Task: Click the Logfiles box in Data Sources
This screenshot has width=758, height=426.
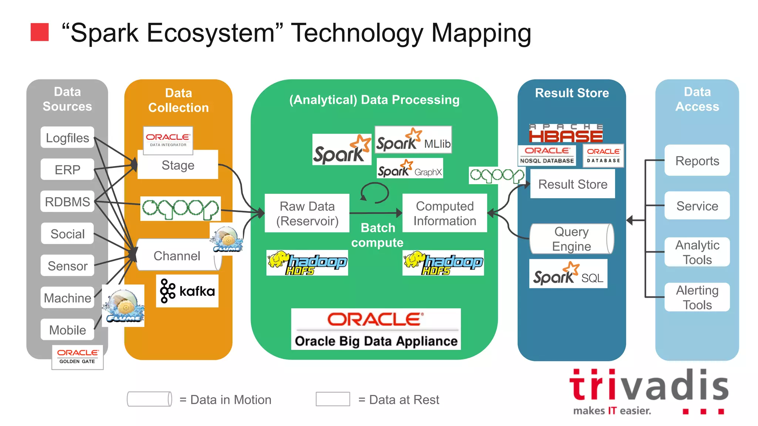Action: pos(67,138)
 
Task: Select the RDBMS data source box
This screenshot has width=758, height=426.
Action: pos(67,202)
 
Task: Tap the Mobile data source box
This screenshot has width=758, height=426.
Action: pos(67,329)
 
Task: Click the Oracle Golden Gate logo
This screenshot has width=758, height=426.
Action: pos(77,356)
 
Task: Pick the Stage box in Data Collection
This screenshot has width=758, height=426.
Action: pos(178,165)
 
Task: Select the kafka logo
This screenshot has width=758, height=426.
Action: pos(187,291)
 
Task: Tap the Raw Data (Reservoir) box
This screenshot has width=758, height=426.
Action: pos(307,213)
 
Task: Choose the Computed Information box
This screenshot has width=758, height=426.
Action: pos(445,213)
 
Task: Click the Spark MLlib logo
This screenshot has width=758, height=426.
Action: pos(413,140)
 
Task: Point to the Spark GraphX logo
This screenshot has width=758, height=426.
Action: pos(410,169)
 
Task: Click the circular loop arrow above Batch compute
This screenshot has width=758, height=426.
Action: pos(375,193)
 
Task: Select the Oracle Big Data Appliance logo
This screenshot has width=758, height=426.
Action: pos(376,329)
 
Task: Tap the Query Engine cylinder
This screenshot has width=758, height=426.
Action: pos(571,239)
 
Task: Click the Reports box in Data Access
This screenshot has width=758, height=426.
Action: pos(697,160)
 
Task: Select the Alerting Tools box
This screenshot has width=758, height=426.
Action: pos(697,297)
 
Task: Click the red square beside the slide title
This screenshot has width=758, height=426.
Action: pos(40,32)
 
